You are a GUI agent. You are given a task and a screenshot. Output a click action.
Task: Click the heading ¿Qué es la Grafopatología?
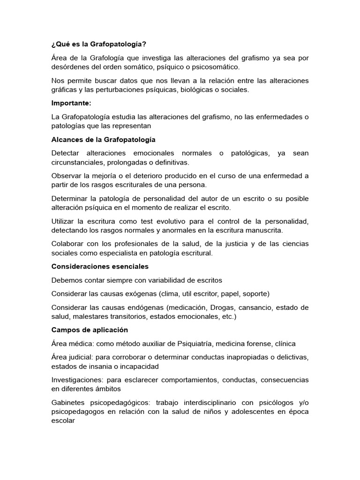98,44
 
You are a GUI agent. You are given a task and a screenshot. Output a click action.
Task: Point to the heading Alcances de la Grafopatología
103,140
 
